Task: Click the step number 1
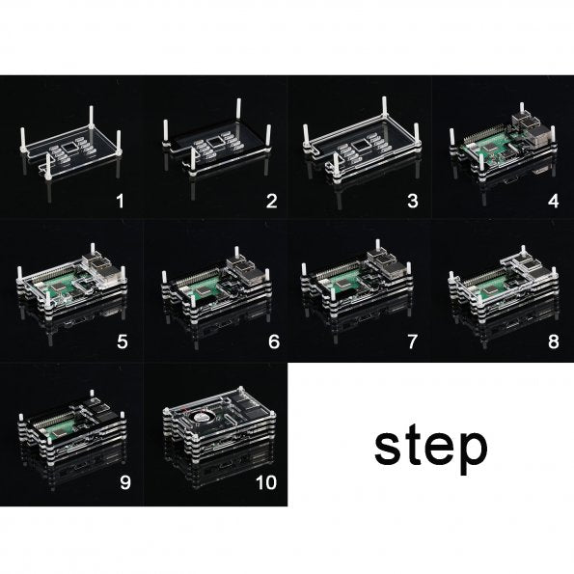point(120,201)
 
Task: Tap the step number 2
point(271,201)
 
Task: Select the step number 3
point(413,201)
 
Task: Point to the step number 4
point(554,201)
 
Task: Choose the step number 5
point(123,342)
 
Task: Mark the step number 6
point(274,342)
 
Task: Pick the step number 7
point(413,342)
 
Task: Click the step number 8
point(554,342)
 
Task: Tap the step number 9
point(125,482)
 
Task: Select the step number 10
point(266,482)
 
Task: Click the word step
point(431,449)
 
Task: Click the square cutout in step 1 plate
point(69,148)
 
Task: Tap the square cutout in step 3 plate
point(360,146)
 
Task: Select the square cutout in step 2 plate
point(215,143)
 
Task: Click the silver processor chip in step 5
point(59,288)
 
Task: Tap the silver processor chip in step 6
point(203,290)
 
